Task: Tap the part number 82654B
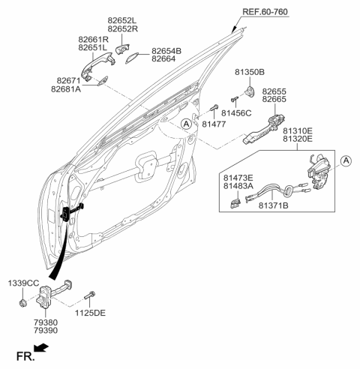click(x=167, y=51)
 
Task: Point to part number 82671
click(x=67, y=79)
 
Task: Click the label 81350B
click(x=249, y=72)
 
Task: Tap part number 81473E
click(x=238, y=178)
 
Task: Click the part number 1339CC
click(x=23, y=283)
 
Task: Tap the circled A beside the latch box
click(x=346, y=160)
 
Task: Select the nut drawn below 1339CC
click(x=25, y=301)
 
